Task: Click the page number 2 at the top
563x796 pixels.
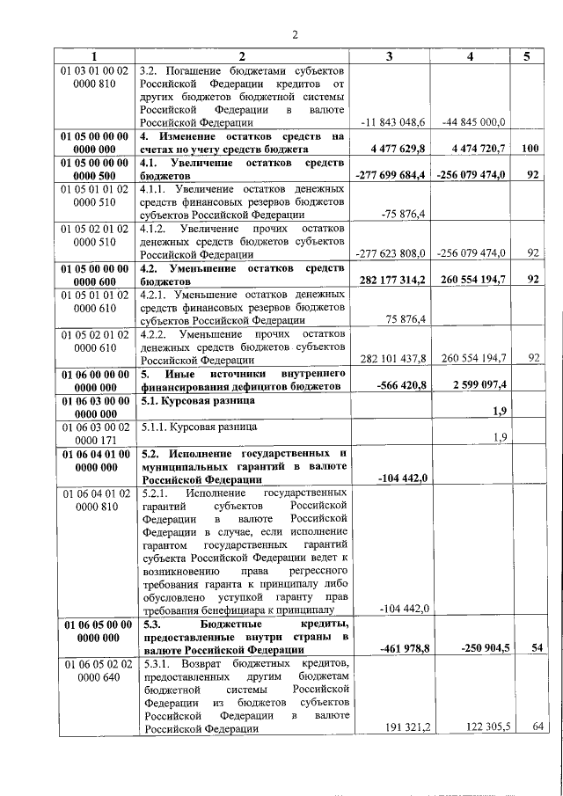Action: tap(295, 35)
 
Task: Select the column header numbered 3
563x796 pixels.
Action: tap(391, 56)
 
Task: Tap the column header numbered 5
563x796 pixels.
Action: tap(526, 56)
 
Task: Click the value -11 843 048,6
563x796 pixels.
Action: tap(393, 121)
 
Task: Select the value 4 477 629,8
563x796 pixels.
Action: tap(395, 149)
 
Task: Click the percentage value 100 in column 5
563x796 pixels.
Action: tap(529, 149)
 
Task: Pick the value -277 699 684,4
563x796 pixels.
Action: tap(391, 176)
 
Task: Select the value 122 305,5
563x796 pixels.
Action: tap(479, 727)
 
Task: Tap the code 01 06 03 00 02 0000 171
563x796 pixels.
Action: tap(97, 432)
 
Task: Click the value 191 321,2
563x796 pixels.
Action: tap(401, 727)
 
